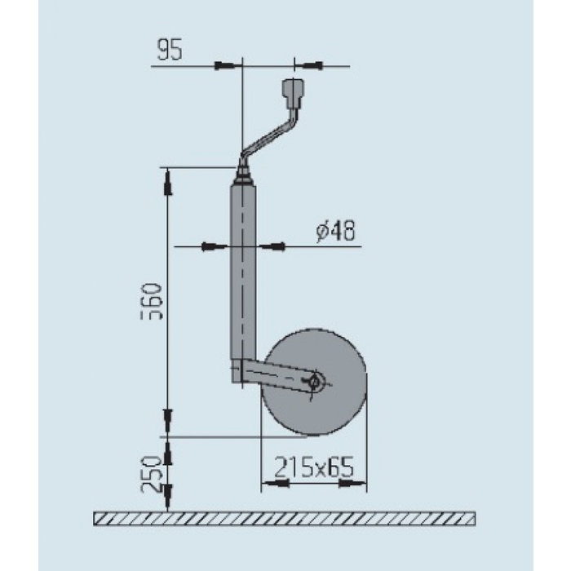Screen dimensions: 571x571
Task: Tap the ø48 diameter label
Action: point(335,232)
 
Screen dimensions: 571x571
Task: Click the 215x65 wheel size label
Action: point(313,467)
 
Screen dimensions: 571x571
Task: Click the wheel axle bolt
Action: point(316,380)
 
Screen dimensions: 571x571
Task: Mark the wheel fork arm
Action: point(273,376)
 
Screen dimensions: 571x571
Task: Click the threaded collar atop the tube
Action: point(242,174)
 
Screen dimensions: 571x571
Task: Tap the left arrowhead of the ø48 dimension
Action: point(216,246)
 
